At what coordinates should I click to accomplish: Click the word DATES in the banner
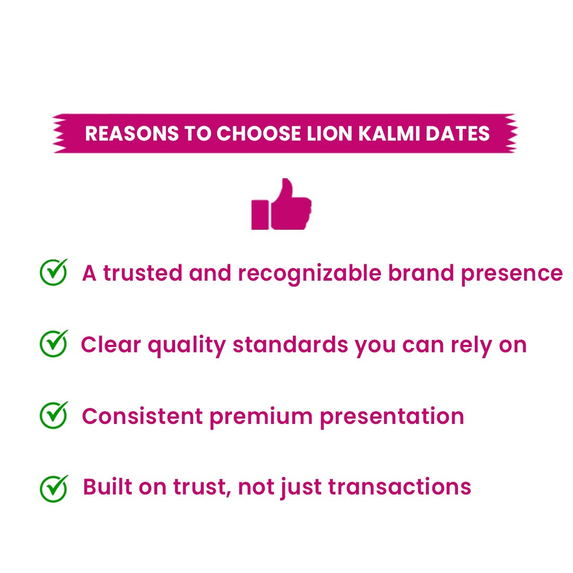pos(458,134)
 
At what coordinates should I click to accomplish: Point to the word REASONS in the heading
pos(131,134)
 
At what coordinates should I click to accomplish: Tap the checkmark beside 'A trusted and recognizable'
pos(54,272)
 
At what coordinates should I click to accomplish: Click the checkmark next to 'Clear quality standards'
pos(54,343)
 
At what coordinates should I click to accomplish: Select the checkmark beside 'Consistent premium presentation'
pos(54,415)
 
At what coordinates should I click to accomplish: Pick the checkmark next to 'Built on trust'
pos(54,488)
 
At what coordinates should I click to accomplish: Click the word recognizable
pos(309,274)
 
